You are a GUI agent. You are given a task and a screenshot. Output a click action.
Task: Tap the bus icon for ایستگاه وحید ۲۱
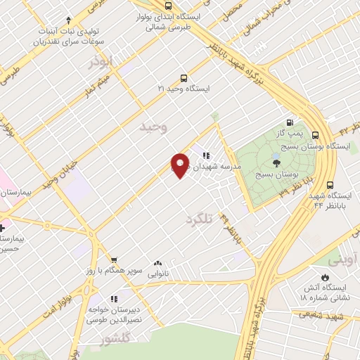184,78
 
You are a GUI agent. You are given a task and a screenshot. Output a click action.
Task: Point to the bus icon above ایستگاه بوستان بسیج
314,136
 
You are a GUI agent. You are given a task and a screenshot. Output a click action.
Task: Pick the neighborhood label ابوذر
101,62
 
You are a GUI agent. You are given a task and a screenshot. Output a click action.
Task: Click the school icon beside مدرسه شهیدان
206,155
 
